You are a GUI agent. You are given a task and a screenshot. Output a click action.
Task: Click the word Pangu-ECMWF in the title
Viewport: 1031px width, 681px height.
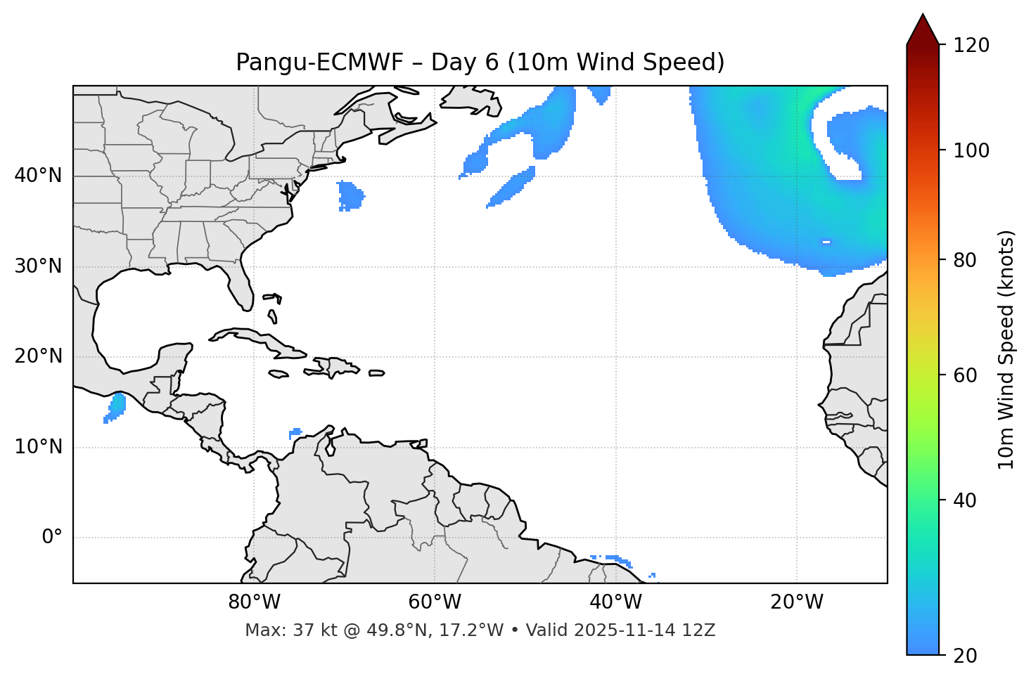point(319,63)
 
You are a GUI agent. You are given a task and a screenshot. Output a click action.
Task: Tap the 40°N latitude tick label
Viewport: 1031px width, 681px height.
point(38,176)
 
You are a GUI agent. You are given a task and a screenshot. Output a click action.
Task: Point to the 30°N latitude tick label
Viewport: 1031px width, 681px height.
point(38,266)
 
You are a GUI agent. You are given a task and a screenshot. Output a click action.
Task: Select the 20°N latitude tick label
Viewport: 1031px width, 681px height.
point(38,356)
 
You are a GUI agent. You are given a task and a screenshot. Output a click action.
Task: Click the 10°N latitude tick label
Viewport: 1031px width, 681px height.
point(38,447)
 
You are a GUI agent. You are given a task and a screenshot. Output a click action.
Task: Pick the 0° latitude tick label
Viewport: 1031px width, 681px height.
point(52,538)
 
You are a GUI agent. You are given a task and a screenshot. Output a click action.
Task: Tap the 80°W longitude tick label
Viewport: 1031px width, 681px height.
point(254,602)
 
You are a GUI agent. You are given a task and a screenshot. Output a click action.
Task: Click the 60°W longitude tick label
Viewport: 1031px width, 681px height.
point(435,602)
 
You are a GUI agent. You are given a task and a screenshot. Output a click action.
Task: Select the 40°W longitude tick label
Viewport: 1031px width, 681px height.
point(615,602)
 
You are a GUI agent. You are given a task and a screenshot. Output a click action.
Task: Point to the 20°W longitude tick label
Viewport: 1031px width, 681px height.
point(796,602)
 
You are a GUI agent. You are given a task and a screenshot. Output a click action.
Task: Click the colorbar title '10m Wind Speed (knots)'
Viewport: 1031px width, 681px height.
point(1006,349)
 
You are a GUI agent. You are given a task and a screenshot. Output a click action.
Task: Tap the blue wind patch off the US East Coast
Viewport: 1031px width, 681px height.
point(350,195)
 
